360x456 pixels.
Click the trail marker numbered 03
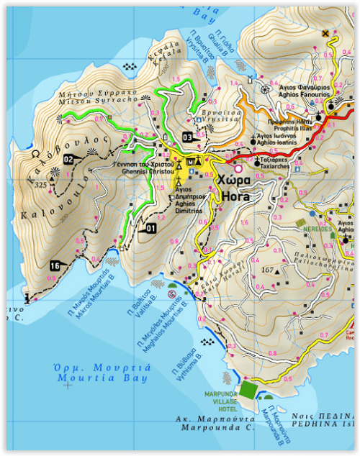coord(187,137)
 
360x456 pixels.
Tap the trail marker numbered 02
coord(69,159)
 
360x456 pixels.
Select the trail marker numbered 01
coord(150,228)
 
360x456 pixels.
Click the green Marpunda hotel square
coord(248,389)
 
